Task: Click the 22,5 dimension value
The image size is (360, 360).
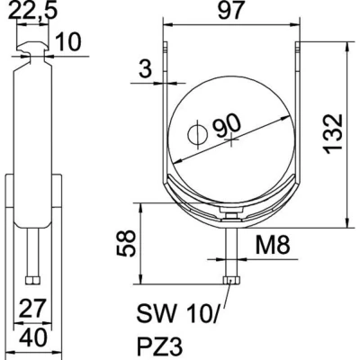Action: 33,10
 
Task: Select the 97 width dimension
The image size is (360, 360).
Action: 230,11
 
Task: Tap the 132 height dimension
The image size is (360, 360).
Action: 335,134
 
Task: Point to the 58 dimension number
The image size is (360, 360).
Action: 126,243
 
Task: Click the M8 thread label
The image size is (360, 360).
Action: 273,245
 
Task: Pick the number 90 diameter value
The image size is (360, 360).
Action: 227,126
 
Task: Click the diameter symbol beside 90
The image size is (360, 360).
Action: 198,134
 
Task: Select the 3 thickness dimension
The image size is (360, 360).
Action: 146,68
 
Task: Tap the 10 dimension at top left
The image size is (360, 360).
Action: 68,41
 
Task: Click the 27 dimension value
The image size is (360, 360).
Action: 32,308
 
